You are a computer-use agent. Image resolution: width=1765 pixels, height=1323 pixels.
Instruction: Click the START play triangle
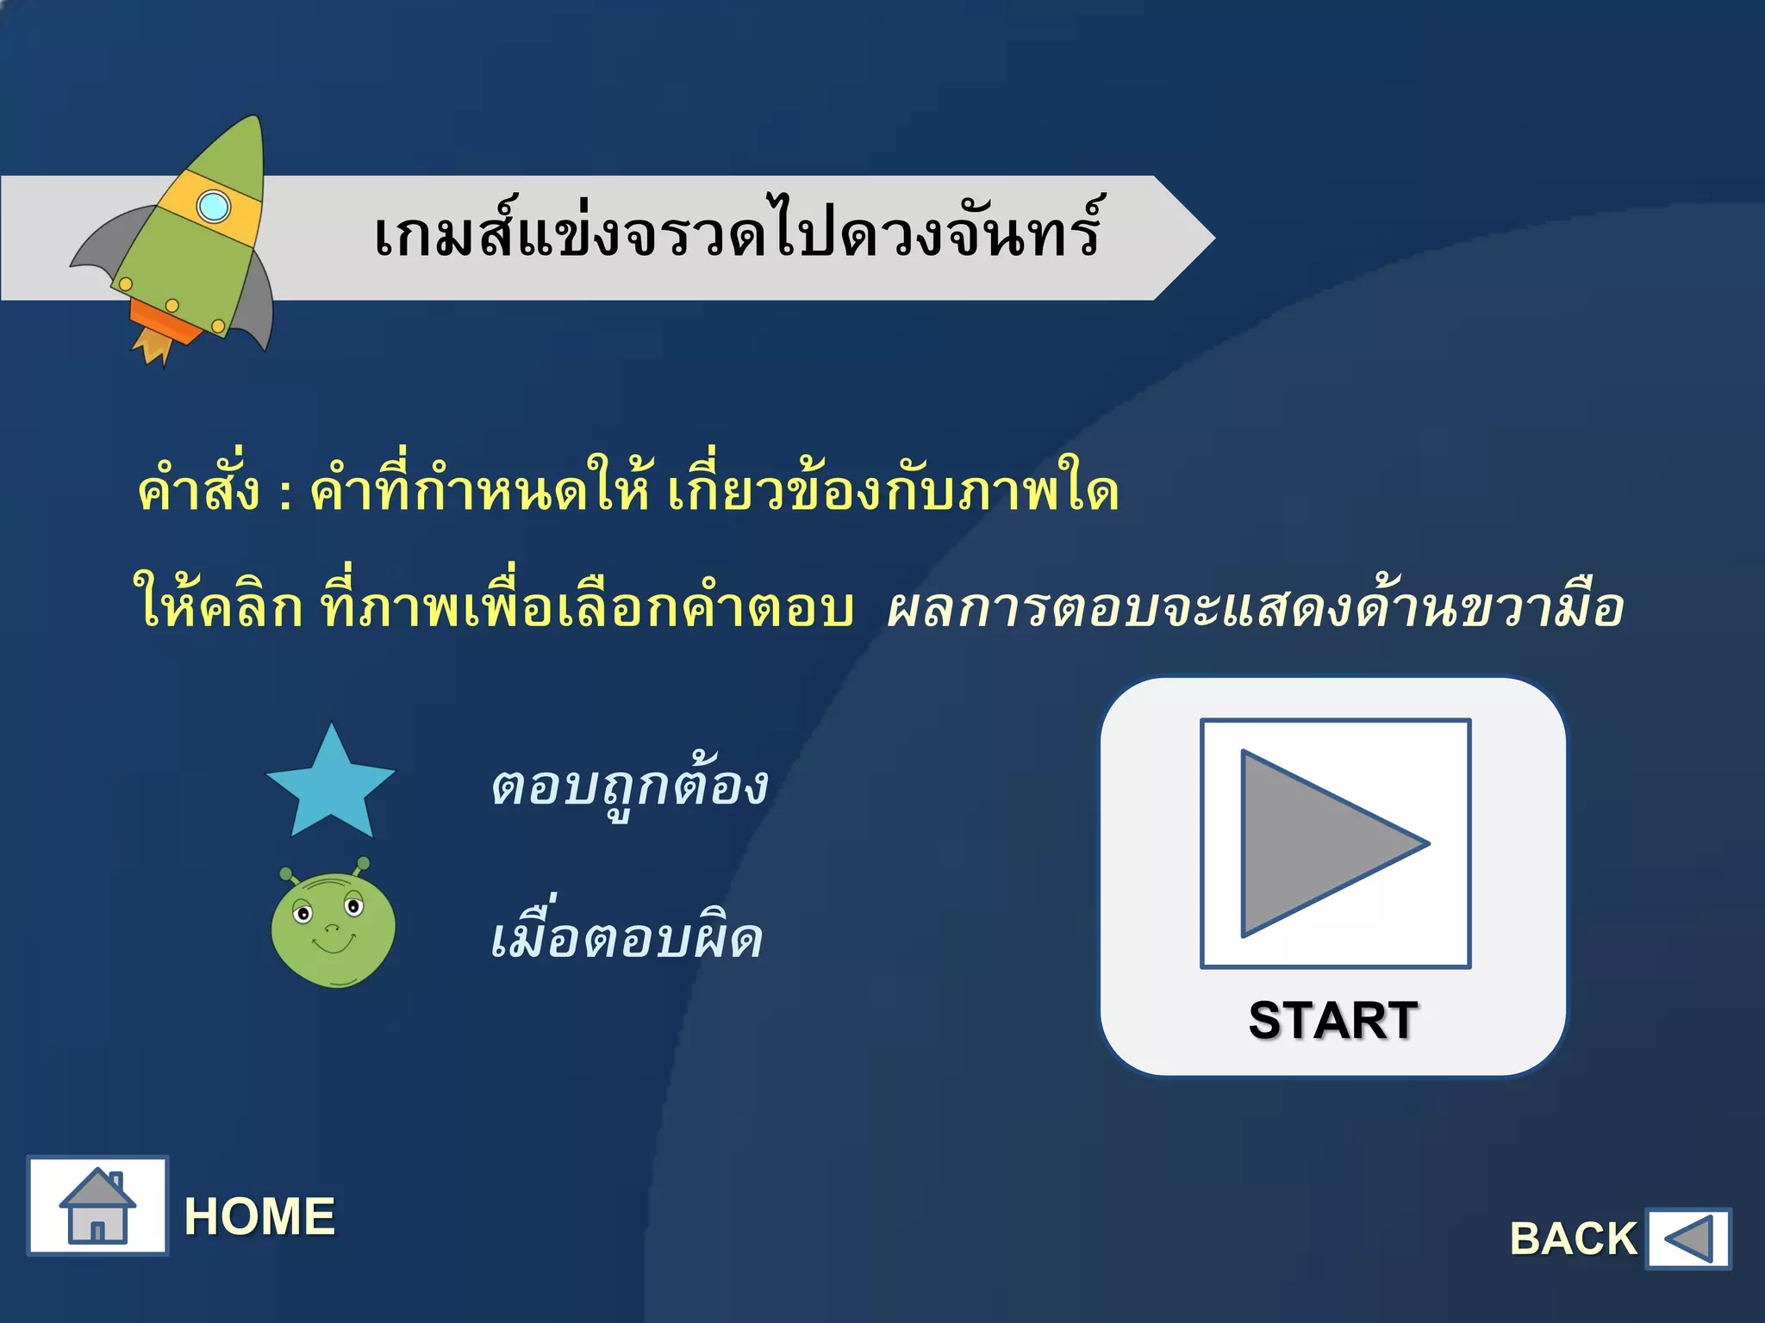[x=1319, y=843]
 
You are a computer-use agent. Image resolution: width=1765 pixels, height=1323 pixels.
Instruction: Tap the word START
[x=1332, y=1021]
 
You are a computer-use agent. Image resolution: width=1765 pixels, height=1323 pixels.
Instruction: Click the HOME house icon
[x=97, y=1206]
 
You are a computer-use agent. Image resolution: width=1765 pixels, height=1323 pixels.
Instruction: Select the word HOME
[x=259, y=1216]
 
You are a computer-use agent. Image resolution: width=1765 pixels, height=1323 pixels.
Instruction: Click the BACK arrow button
[x=1687, y=1239]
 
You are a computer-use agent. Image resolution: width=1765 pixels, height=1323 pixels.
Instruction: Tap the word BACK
[x=1573, y=1239]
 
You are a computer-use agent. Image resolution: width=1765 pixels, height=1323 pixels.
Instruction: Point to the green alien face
[x=333, y=929]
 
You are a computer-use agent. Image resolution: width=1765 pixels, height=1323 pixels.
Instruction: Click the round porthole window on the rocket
[x=213, y=207]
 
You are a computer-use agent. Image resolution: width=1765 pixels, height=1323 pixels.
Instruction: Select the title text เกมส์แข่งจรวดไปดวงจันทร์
[x=737, y=234]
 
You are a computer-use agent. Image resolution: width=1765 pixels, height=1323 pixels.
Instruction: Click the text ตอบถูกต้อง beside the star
[x=629, y=786]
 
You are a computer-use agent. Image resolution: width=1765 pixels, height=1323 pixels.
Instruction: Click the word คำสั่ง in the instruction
[x=198, y=491]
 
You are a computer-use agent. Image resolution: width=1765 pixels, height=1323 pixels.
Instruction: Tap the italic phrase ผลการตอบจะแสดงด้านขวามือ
[x=1255, y=608]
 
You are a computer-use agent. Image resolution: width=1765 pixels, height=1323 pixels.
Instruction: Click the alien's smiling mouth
[x=333, y=946]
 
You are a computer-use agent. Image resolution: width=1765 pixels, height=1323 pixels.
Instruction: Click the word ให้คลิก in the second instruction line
[x=217, y=606]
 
